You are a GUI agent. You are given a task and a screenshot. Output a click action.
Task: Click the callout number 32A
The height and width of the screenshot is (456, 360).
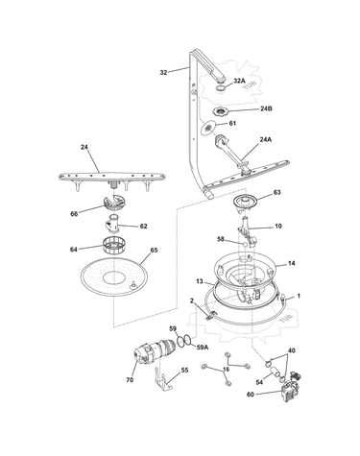coord(239,81)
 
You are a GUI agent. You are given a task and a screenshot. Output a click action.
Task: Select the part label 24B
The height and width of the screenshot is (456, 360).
coord(266,108)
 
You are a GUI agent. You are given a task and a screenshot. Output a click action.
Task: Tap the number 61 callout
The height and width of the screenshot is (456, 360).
coord(232,123)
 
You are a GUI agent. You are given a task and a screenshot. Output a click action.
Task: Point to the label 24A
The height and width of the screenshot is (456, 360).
coord(266,139)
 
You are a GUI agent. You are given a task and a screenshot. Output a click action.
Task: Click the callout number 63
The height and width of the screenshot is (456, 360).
coord(276,192)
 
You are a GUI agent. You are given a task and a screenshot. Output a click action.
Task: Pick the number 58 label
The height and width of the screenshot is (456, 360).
coord(221,239)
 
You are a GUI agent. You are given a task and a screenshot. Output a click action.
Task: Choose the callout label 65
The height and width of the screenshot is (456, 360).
coord(154,250)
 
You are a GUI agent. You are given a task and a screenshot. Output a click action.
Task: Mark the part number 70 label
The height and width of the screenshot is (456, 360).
coord(130,380)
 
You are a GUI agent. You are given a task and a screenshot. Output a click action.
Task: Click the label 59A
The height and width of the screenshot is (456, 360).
coord(203,347)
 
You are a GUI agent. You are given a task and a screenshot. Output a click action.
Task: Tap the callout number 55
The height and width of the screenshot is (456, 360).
coord(184,371)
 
